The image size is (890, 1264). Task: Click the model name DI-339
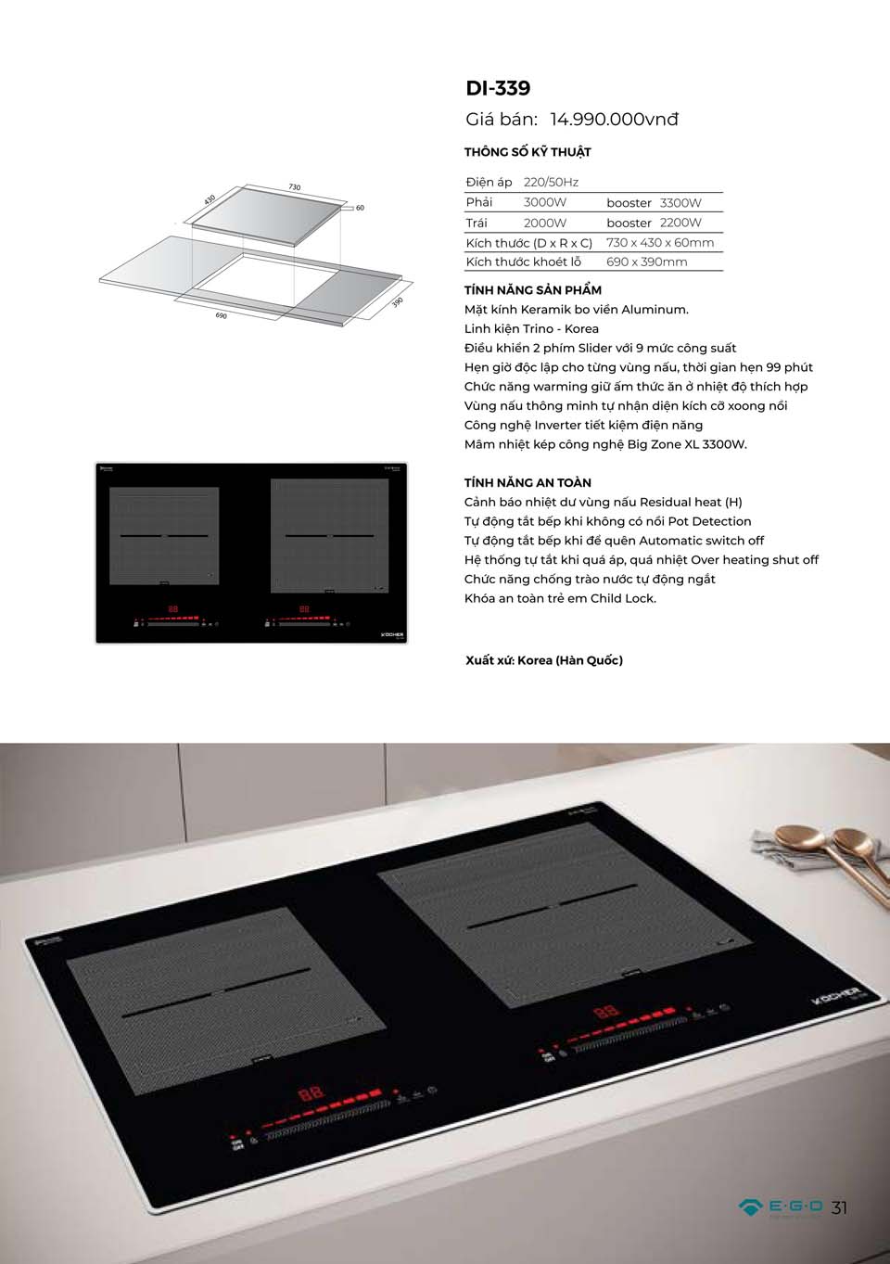(498, 88)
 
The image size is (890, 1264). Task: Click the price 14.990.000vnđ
(614, 120)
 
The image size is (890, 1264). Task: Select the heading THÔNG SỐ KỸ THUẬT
(528, 152)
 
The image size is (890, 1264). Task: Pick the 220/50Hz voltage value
(551, 183)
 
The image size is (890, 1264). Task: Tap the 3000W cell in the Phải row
(545, 203)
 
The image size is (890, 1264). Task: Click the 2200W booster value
(680, 223)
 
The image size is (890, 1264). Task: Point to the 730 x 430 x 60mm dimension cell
(660, 243)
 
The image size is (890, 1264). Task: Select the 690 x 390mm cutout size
(647, 262)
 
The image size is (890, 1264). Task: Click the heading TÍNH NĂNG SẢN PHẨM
(532, 290)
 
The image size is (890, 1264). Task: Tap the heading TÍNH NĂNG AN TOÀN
(528, 483)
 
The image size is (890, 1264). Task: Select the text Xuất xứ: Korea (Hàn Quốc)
(544, 661)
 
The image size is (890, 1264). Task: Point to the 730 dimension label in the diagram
(294, 187)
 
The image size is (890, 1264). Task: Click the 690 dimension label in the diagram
(221, 316)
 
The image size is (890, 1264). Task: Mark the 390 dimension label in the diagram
(397, 302)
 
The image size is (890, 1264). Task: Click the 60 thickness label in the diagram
(360, 208)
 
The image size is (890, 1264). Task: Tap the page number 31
(839, 1207)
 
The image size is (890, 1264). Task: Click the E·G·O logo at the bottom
(781, 1207)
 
